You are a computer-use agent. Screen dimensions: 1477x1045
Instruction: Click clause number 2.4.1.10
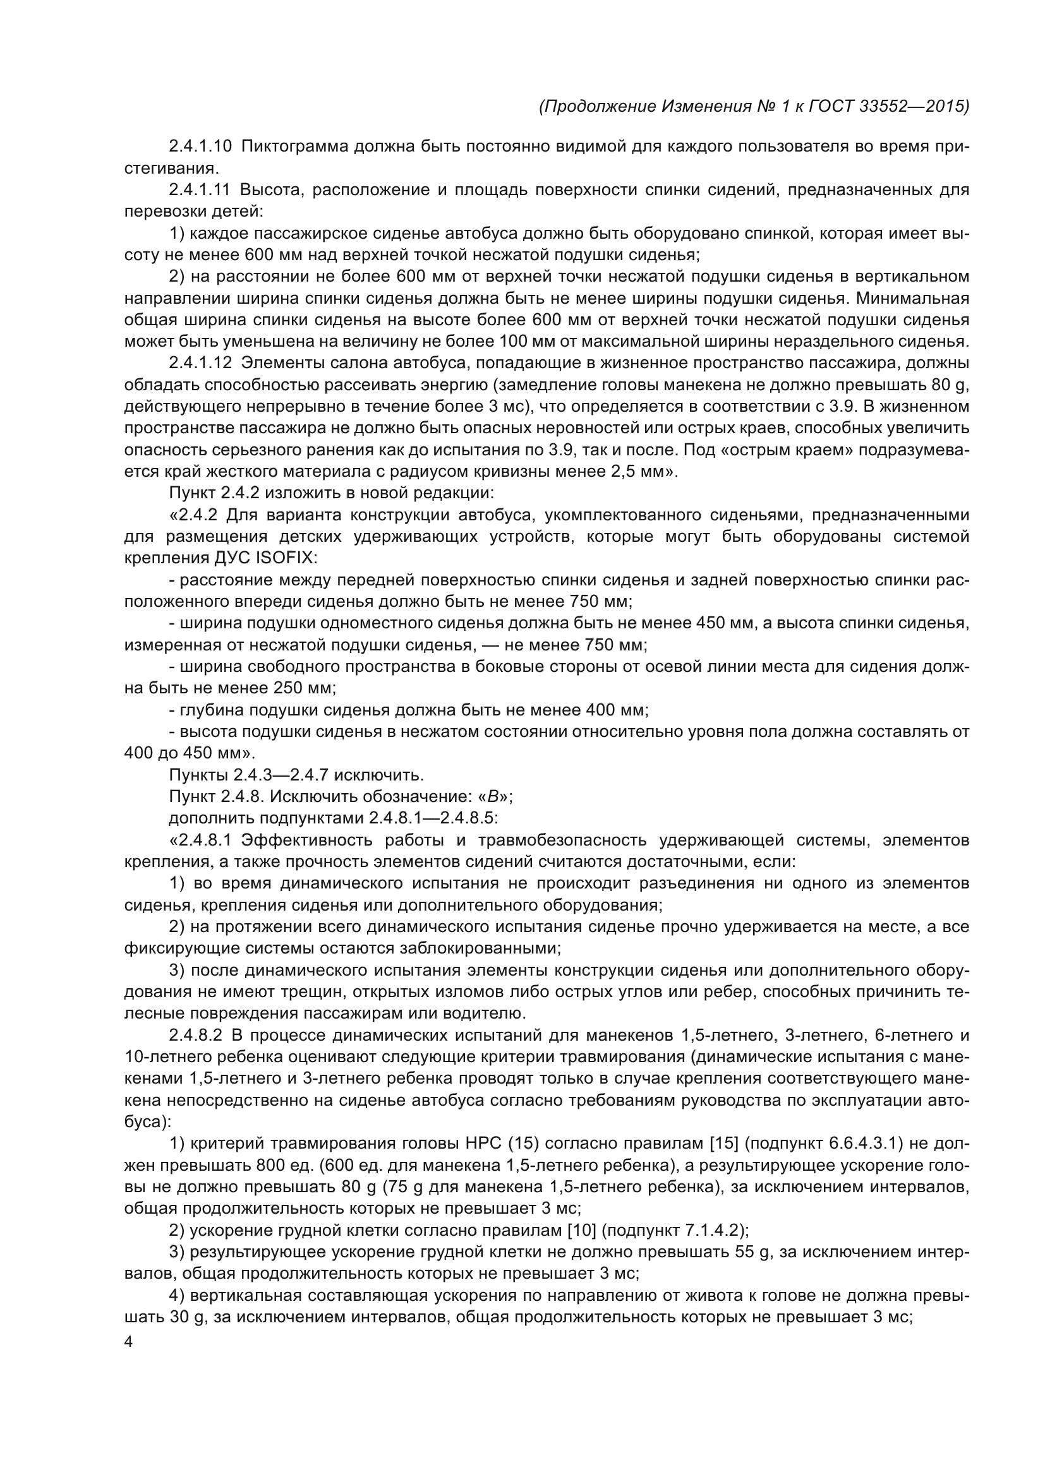pos(200,147)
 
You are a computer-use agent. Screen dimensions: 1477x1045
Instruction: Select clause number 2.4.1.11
pos(200,190)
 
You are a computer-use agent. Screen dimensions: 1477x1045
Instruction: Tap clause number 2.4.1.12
pos(200,363)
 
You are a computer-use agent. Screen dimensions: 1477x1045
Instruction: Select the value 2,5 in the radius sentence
pos(619,472)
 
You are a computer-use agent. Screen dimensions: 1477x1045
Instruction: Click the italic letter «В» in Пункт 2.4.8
pos(493,796)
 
